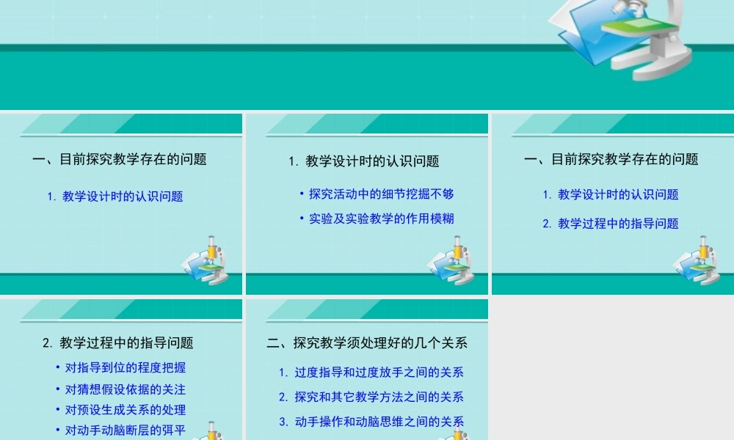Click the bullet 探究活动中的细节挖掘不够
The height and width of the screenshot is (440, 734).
click(382, 194)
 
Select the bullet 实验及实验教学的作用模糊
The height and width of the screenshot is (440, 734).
click(382, 219)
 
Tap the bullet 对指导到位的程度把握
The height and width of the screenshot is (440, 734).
click(126, 367)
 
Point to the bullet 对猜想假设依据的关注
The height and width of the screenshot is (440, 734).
click(126, 389)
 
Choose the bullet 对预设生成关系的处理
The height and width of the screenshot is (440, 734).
click(126, 410)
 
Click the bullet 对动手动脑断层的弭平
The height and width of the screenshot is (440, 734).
click(126, 430)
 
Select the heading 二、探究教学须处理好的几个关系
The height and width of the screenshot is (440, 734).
click(367, 342)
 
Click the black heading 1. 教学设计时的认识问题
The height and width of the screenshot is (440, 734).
click(364, 161)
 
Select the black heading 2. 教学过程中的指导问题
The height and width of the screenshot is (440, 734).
click(118, 342)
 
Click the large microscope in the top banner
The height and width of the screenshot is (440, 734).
click(646, 37)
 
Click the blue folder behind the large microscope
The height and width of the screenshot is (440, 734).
click(580, 40)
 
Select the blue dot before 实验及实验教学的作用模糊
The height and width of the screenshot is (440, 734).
click(302, 219)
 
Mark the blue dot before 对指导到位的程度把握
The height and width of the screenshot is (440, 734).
click(58, 367)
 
